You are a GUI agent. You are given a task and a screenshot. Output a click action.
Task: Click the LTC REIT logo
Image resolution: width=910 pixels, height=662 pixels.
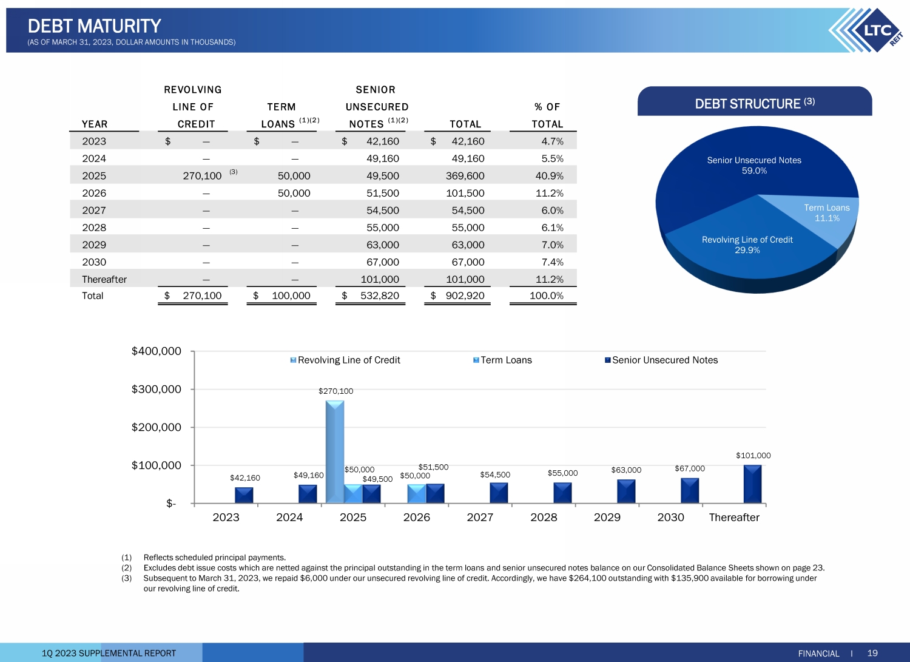pyautogui.click(x=868, y=30)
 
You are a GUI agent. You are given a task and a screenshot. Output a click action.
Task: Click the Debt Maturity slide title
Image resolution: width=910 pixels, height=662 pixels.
pyautogui.click(x=94, y=26)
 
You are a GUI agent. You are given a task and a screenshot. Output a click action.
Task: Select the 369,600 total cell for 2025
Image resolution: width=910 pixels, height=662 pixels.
pyautogui.click(x=465, y=176)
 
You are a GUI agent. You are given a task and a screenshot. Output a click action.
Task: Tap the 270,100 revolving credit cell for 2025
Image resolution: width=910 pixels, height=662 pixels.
pyautogui.click(x=202, y=176)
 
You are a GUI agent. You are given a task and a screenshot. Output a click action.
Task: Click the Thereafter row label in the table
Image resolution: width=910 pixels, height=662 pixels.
pyautogui.click(x=104, y=280)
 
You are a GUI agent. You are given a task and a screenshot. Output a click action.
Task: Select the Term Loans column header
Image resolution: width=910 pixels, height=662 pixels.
pyautogui.click(x=281, y=115)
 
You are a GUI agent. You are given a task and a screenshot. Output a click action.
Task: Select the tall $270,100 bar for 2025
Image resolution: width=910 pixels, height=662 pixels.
pyautogui.click(x=335, y=451)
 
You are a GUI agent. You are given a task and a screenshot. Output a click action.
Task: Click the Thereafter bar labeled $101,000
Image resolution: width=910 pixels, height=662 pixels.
pyautogui.click(x=752, y=484)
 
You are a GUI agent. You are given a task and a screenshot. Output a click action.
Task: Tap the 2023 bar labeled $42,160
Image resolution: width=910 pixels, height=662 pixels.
pyautogui.click(x=244, y=495)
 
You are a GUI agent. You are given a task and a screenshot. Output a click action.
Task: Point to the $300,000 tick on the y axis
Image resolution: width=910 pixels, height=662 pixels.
pyautogui.click(x=157, y=389)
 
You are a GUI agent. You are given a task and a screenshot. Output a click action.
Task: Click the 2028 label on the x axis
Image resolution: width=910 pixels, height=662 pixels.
pyautogui.click(x=544, y=517)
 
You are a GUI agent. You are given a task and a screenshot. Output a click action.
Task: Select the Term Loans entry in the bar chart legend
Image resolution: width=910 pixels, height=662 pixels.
pyautogui.click(x=505, y=360)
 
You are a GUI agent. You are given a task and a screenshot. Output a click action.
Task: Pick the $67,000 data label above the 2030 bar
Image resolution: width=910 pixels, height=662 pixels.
pyautogui.click(x=690, y=468)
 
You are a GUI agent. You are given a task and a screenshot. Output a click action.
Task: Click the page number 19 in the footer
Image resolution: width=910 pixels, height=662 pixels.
pyautogui.click(x=872, y=653)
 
